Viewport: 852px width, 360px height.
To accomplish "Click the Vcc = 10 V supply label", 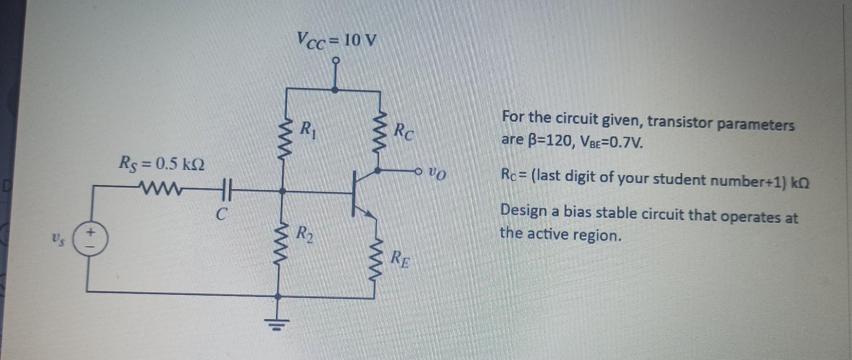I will (x=337, y=41).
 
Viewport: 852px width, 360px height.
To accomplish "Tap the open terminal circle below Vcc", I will (x=336, y=60).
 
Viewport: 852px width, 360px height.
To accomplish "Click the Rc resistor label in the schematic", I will (x=404, y=131).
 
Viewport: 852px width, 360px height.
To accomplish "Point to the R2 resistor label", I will (x=305, y=234).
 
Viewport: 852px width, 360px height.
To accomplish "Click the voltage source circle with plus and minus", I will (x=90, y=238).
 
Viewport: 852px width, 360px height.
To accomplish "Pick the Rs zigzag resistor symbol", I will (x=160, y=190).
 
